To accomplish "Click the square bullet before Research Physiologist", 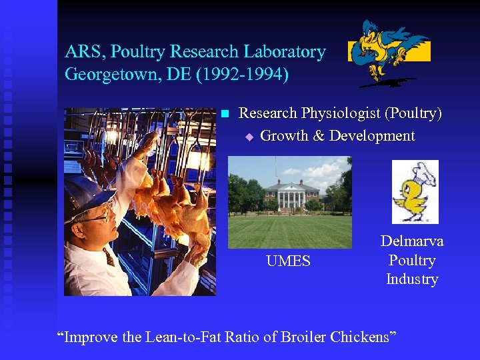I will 225,114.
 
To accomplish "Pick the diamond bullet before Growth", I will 249,137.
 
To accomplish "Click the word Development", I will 372,136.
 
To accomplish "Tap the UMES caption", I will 288,261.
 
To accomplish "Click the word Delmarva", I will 412,241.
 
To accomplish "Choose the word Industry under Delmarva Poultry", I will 412,279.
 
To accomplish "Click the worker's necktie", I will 109,256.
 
